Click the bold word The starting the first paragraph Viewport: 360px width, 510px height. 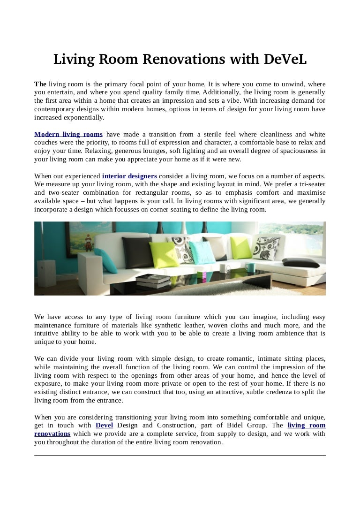coord(40,84)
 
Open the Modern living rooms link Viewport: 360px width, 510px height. coord(68,134)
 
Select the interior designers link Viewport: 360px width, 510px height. coord(129,176)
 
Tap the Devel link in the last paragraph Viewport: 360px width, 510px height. coord(104,425)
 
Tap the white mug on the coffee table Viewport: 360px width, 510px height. coord(225,269)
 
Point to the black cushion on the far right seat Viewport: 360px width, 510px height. coord(300,263)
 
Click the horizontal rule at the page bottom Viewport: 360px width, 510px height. coord(180,455)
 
